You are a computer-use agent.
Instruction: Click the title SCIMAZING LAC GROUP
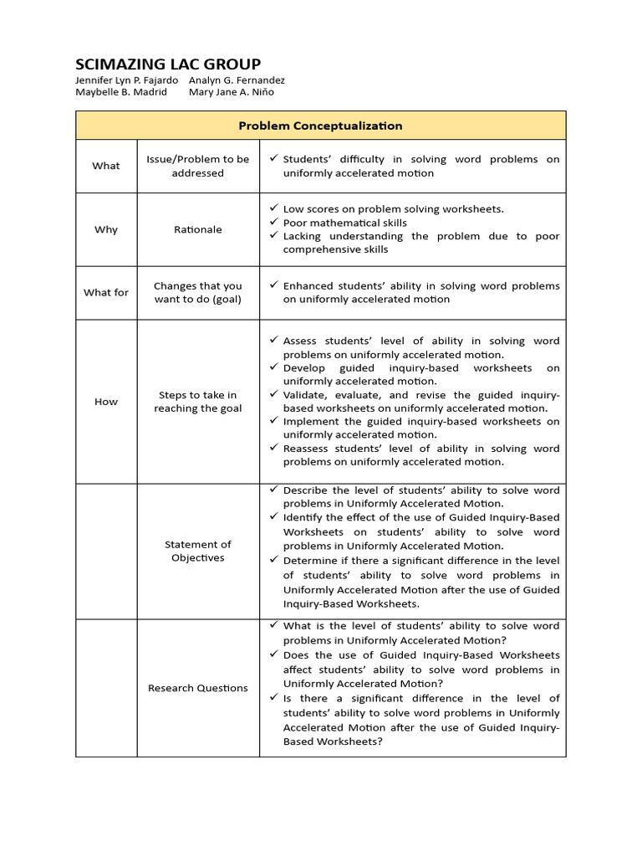click(x=168, y=64)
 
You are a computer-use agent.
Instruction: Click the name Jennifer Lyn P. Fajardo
click(x=126, y=80)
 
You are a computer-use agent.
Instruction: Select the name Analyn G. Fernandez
click(x=237, y=80)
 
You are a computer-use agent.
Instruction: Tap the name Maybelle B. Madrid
click(x=121, y=92)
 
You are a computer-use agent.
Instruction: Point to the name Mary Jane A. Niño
click(x=226, y=92)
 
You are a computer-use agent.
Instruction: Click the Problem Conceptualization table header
click(x=320, y=126)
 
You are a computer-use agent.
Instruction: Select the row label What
click(x=106, y=166)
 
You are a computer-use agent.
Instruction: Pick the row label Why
click(x=106, y=229)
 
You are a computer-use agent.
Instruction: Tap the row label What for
click(x=106, y=292)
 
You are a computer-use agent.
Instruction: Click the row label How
click(x=106, y=402)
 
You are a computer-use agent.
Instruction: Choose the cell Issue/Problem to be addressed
click(x=198, y=166)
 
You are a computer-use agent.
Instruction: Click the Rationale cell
click(x=198, y=229)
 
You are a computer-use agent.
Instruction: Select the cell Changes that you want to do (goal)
click(x=198, y=292)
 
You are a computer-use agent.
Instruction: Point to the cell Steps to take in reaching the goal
click(x=198, y=402)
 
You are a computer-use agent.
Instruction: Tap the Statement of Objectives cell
click(x=198, y=551)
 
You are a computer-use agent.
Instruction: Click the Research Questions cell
click(x=198, y=688)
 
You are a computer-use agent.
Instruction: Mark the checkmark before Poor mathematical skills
click(x=273, y=222)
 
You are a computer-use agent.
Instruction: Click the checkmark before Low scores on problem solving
click(x=273, y=208)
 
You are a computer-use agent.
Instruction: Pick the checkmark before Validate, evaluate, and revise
click(x=273, y=394)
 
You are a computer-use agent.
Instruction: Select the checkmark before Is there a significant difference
click(x=273, y=697)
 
